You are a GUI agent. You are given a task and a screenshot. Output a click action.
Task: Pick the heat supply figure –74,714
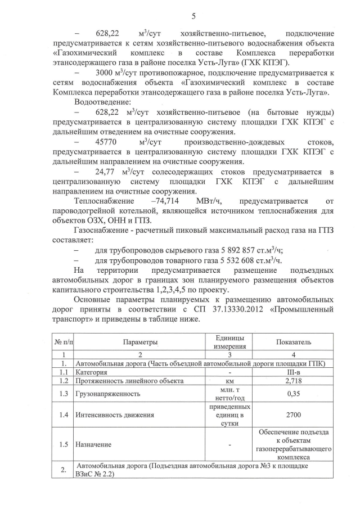[x=168, y=201]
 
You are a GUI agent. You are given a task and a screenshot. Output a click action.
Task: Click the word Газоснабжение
[x=103, y=231]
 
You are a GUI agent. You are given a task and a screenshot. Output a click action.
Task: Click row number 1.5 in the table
[x=64, y=444]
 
